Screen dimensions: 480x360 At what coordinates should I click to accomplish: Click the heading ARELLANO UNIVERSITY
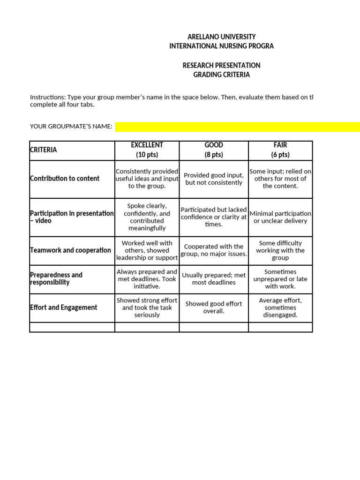[221, 37]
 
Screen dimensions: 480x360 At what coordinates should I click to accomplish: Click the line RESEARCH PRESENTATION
[221, 65]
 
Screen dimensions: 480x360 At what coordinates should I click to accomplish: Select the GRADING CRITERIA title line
[221, 75]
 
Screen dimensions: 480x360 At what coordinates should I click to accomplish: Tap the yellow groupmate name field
[237, 127]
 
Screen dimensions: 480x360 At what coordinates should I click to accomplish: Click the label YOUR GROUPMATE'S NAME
[71, 127]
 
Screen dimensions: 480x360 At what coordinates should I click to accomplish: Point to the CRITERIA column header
[43, 150]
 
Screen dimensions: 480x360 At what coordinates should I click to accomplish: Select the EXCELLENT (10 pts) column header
[147, 150]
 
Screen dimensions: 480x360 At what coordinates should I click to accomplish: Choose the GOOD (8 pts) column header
[214, 150]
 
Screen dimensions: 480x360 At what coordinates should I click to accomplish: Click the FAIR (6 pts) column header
[280, 150]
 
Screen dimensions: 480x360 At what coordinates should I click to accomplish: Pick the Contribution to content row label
[65, 179]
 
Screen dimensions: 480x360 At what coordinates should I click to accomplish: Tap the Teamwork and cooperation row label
[70, 250]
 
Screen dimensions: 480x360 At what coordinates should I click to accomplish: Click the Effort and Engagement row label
[63, 307]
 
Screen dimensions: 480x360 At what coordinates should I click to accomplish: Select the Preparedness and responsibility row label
[56, 278]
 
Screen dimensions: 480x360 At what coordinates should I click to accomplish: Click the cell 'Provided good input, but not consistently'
[214, 179]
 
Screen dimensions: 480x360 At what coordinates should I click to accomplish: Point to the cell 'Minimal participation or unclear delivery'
[280, 217]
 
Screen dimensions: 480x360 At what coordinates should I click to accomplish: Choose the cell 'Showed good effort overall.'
[214, 307]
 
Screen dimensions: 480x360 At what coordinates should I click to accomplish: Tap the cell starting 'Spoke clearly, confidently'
[147, 217]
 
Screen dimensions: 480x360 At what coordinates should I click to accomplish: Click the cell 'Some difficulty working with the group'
[280, 250]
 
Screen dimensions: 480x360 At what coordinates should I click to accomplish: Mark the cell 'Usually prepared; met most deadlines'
[214, 279]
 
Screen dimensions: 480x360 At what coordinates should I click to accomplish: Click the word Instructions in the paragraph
[47, 97]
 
